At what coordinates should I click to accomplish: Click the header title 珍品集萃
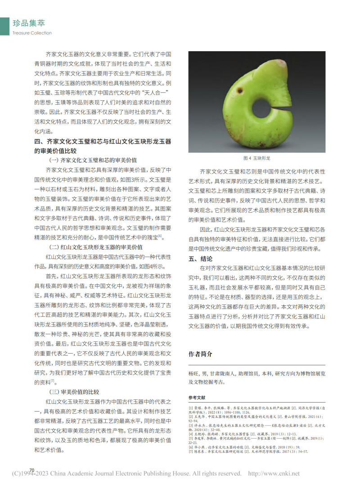[x=29, y=23]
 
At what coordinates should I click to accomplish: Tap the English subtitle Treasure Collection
[x=32, y=33]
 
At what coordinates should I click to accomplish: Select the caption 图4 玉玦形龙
[x=256, y=158]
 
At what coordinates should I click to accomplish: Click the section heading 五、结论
[x=203, y=259]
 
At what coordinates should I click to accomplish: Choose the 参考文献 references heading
[x=197, y=398]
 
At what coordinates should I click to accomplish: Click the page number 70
[x=32, y=470]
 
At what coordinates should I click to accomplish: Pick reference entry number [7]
[x=191, y=451]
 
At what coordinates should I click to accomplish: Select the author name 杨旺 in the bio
[x=194, y=374]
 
